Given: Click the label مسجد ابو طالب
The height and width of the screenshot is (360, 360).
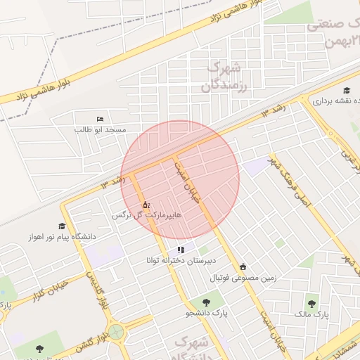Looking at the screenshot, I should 100,130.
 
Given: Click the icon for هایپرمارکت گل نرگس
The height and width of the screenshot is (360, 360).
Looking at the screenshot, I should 146,205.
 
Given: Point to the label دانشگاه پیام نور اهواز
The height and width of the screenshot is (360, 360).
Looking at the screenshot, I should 62,237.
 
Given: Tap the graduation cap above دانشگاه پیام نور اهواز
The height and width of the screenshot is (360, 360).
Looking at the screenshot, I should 62,226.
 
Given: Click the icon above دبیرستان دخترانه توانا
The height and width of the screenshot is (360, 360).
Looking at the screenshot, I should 181,250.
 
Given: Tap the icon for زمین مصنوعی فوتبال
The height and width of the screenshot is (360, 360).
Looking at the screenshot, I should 243,266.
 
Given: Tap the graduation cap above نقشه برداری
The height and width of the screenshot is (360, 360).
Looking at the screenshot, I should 347,91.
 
